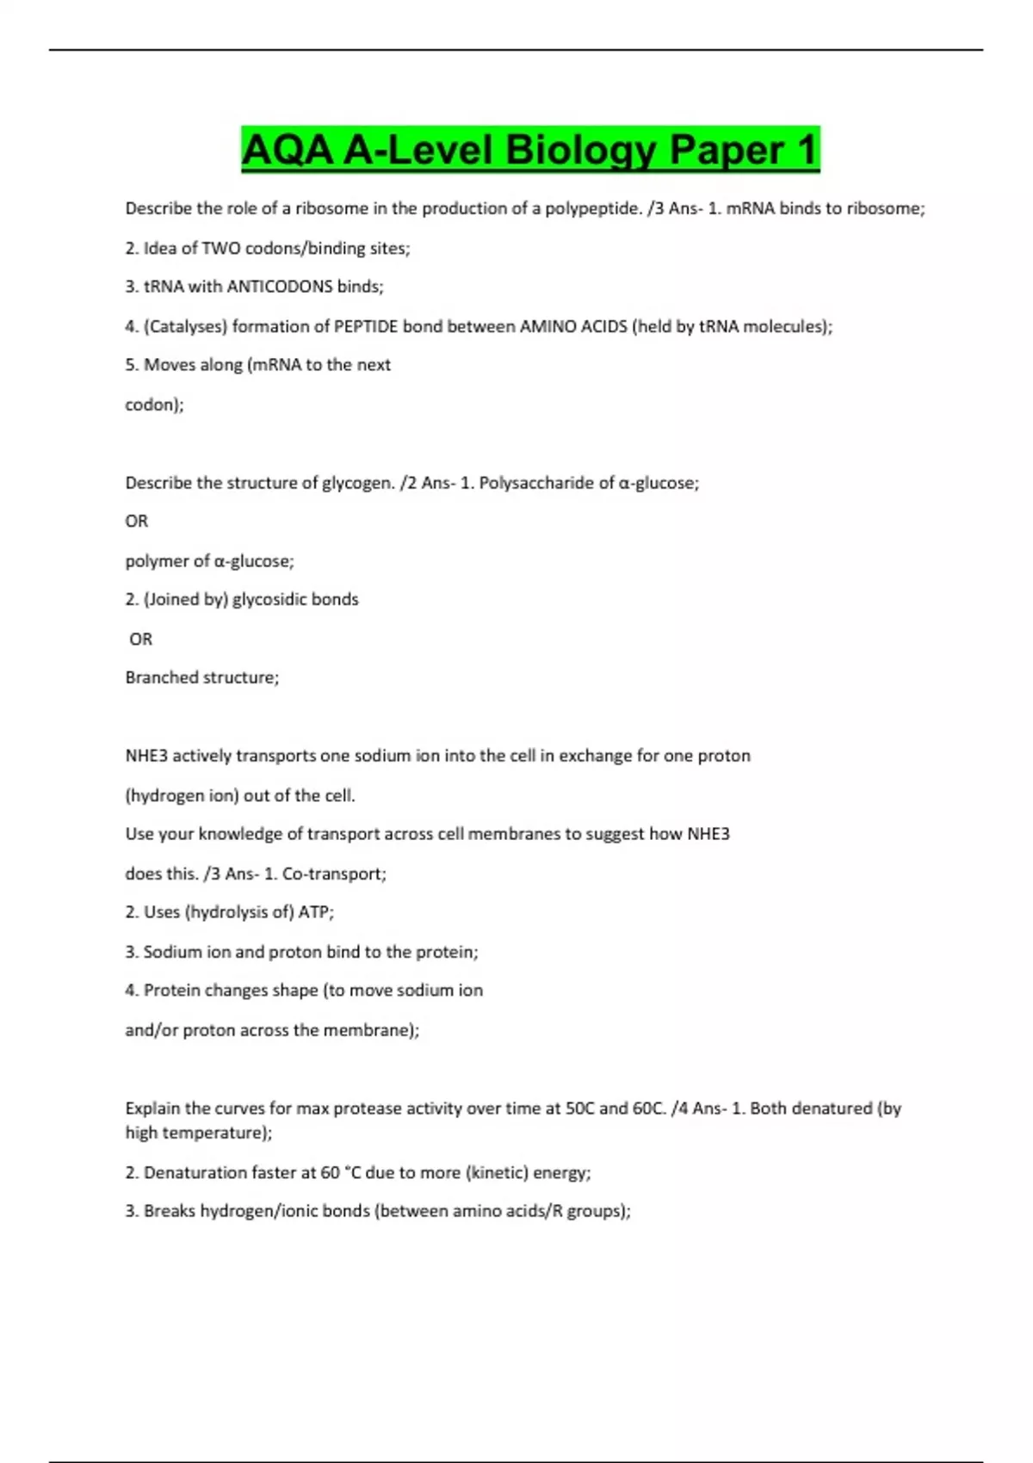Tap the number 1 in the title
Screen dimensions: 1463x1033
pos(806,151)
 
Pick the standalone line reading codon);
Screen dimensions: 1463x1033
pos(155,404)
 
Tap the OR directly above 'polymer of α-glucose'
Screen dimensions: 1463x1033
pos(137,522)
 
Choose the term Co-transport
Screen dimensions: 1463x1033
pos(334,873)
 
